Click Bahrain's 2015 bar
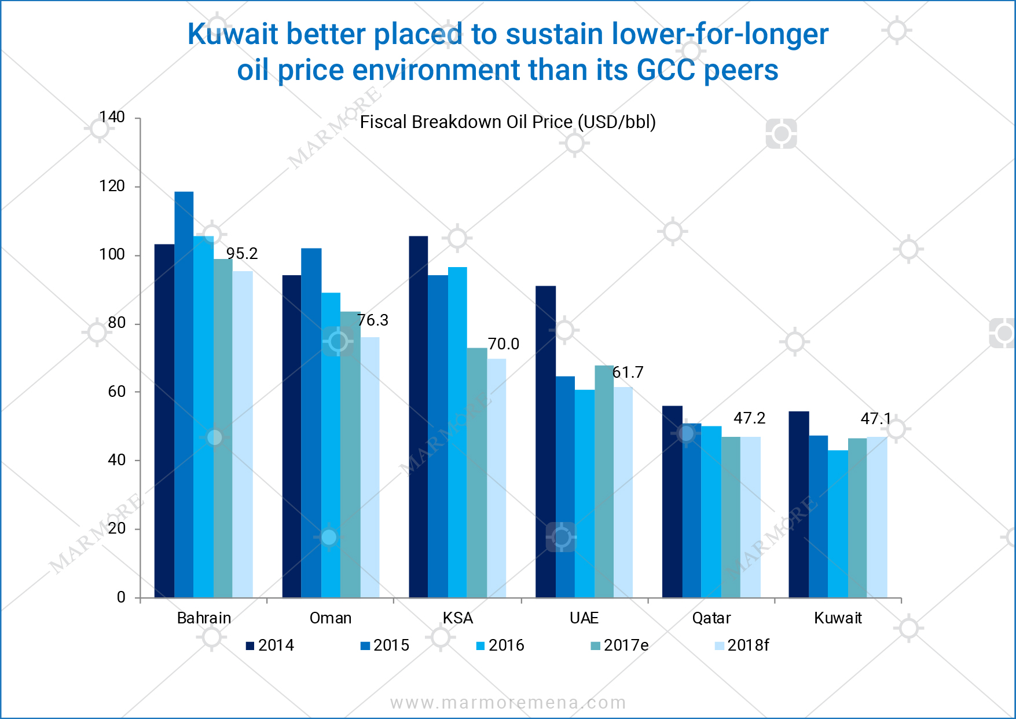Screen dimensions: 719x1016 click(184, 394)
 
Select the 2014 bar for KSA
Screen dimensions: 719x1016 click(419, 417)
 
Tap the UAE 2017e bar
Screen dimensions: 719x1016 click(604, 481)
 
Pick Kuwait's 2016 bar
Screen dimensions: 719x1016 click(838, 524)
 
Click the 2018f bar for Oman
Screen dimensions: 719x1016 click(370, 467)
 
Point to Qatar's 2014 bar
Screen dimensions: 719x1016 click(672, 502)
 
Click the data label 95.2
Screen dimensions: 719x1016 click(242, 254)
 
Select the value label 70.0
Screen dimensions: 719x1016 click(504, 344)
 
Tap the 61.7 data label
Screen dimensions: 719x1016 click(628, 373)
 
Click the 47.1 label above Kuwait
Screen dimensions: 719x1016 click(876, 418)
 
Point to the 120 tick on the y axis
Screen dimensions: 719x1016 click(112, 186)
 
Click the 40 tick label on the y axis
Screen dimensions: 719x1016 click(116, 460)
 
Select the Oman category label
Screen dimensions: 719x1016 click(331, 618)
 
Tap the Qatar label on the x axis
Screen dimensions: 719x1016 click(711, 618)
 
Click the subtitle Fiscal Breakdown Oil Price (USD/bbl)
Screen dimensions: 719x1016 click(508, 122)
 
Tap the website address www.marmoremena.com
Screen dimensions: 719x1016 click(508, 703)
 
